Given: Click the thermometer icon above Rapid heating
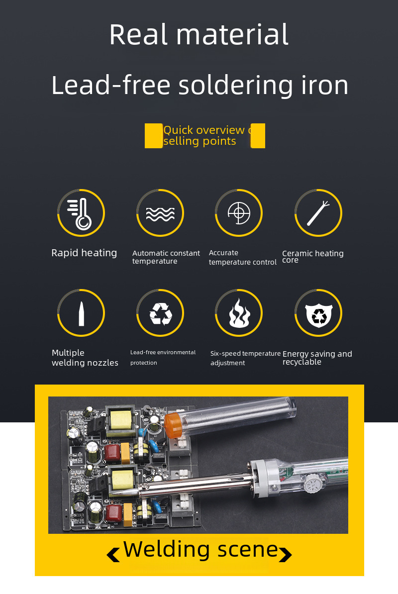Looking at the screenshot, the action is [81, 213].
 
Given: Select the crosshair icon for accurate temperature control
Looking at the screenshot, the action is [239, 213].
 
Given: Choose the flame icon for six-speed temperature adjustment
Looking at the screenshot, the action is [239, 313].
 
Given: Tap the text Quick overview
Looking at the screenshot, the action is [204, 130].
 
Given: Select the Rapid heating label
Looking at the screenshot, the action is [84, 253].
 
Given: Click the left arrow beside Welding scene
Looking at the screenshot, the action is [113, 555].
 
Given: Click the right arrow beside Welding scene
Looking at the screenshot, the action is [286, 555].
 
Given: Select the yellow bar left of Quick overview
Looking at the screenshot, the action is [154, 136].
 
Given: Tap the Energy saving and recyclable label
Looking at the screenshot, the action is [317, 358].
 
